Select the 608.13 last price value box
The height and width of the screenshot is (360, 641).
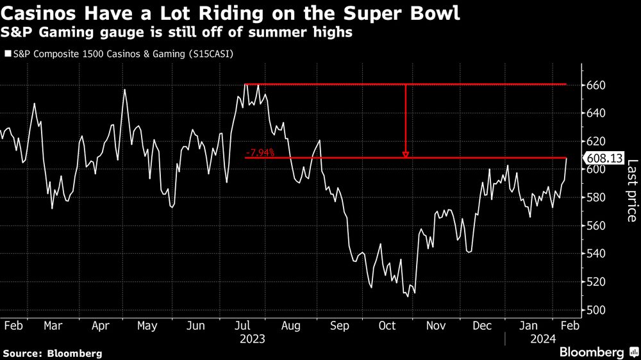coord(603,158)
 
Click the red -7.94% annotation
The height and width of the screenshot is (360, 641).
coord(260,152)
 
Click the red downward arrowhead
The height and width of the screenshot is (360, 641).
coord(405,154)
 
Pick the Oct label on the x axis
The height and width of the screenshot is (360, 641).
coord(387,325)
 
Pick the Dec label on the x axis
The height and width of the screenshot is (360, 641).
coord(483,325)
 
